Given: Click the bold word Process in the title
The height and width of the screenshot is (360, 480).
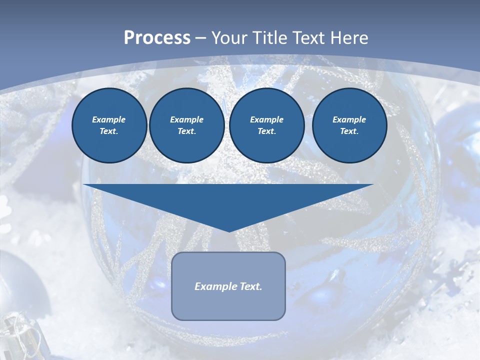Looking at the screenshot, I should (157, 38).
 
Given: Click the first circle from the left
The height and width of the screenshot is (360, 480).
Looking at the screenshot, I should (109, 125).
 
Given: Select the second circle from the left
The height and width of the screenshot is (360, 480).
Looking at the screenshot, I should (186, 125).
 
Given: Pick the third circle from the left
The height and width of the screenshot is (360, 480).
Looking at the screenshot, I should (266, 125).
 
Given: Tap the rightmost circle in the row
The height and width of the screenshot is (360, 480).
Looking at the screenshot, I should (349, 125).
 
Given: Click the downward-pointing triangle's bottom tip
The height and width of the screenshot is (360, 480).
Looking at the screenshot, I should (229, 230).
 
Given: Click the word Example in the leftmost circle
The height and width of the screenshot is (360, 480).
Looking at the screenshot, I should (109, 119).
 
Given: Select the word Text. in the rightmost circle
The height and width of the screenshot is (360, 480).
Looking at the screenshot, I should (349, 131).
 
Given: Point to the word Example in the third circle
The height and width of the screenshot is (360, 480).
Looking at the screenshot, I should (266, 119).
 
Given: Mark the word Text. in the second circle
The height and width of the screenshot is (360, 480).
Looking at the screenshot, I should (186, 131).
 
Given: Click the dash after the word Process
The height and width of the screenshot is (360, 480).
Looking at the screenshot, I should (200, 38).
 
